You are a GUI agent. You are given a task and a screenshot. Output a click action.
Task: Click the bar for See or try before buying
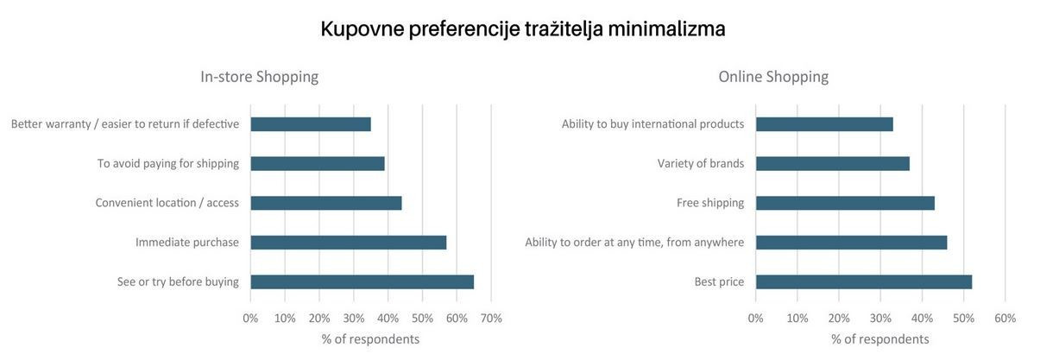[362, 282]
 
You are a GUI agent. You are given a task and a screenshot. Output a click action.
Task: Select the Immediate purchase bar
[348, 243]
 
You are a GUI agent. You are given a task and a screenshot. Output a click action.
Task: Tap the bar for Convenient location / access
[326, 203]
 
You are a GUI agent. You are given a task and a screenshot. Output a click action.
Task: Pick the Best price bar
[864, 282]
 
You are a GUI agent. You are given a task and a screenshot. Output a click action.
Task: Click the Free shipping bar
[845, 203]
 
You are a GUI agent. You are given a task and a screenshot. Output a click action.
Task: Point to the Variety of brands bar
[833, 163]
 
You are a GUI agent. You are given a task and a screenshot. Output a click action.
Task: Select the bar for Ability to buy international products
[824, 124]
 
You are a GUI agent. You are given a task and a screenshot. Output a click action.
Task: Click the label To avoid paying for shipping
[168, 163]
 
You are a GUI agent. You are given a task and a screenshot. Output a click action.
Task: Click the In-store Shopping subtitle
[259, 77]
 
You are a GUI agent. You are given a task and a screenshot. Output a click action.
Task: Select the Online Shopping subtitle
[773, 77]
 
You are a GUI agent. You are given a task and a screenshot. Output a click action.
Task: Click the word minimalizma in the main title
[666, 28]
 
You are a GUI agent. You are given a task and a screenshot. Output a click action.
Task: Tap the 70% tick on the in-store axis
[491, 319]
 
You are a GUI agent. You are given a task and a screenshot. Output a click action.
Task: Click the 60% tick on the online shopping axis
[1005, 319]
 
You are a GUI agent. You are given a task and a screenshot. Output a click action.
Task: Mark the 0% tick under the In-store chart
[250, 319]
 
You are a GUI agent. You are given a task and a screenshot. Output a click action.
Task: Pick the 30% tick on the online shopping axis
[880, 319]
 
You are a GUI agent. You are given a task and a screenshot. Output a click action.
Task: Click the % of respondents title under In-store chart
[370, 339]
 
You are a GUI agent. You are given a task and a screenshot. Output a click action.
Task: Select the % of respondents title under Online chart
[880, 339]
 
